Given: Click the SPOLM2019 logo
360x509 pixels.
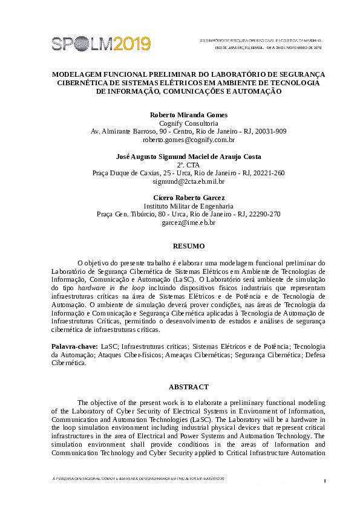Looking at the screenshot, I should tap(101, 43).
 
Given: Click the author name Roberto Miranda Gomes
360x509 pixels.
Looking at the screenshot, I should tap(188, 115).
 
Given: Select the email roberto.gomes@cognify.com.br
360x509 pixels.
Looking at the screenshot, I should tap(188, 140).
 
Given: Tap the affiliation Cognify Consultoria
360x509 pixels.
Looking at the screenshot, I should tap(188, 123).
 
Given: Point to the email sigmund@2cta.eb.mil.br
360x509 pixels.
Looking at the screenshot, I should tap(188, 181).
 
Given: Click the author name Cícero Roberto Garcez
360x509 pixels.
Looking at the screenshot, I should tap(188, 198).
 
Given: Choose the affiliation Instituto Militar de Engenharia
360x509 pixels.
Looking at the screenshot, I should tap(188, 206).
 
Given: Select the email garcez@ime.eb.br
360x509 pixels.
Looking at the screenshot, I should tap(188, 222).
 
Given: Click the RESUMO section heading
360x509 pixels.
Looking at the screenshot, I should tap(189, 246).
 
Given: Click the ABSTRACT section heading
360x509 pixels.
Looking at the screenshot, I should tap(189, 387).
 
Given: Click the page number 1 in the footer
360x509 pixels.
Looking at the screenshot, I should tap(325, 481).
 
